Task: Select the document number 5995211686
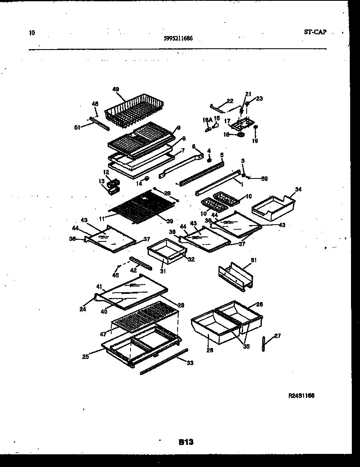pos(178,39)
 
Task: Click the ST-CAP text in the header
pos(315,32)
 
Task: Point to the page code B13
pos(186,442)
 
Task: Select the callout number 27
pos(277,336)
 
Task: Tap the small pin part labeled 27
pos(265,343)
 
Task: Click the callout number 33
pos(190,363)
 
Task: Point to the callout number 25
pos(85,357)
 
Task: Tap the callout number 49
pos(116,89)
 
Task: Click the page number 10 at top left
pos(32,32)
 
